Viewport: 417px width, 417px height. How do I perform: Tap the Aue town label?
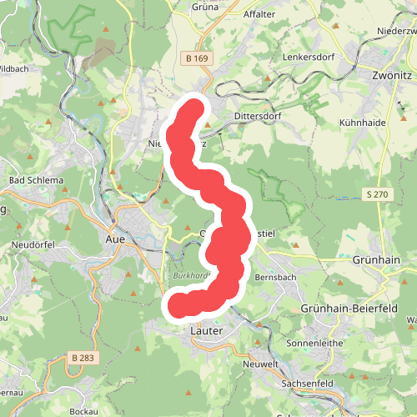tap(115, 239)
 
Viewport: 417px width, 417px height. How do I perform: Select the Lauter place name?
tap(205, 331)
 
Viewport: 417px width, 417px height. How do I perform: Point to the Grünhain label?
tap(377, 260)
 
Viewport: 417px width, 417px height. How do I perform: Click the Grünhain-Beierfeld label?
tap(342, 308)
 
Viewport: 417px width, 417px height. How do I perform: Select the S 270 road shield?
tap(377, 194)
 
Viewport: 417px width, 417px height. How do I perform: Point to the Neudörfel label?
tap(33, 244)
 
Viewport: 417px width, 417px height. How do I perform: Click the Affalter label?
tap(259, 14)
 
